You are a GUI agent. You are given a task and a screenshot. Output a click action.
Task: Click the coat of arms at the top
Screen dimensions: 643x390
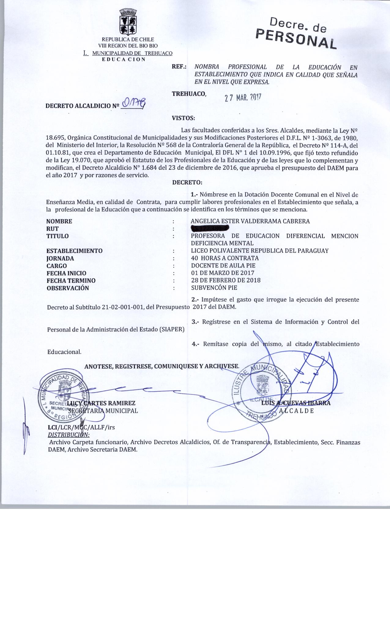[128, 23]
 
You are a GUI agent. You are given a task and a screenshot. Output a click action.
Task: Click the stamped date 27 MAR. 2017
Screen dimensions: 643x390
[242, 97]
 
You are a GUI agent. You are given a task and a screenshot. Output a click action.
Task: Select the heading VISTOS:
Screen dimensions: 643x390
[183, 118]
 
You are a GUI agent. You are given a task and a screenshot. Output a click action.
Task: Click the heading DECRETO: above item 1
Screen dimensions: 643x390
[187, 183]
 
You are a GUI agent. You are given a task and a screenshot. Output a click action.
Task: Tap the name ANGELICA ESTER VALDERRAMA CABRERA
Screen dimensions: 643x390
[250, 221]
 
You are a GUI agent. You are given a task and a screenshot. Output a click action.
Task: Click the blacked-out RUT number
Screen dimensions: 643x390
[210, 228]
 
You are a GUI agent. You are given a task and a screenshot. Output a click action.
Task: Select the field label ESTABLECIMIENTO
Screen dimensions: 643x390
[74, 251]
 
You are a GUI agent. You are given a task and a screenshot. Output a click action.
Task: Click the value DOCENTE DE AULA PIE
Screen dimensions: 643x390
[223, 265]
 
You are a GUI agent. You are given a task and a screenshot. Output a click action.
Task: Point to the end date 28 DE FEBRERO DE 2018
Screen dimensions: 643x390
[226, 280]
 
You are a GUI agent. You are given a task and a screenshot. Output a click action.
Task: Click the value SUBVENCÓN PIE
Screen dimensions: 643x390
[214, 288]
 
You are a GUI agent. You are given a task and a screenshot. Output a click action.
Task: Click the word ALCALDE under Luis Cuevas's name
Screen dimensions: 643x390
[296, 411]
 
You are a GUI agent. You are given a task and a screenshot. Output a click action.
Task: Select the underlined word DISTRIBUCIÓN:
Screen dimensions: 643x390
[69, 435]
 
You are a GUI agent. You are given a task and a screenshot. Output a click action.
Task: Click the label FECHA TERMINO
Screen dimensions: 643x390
[71, 280]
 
